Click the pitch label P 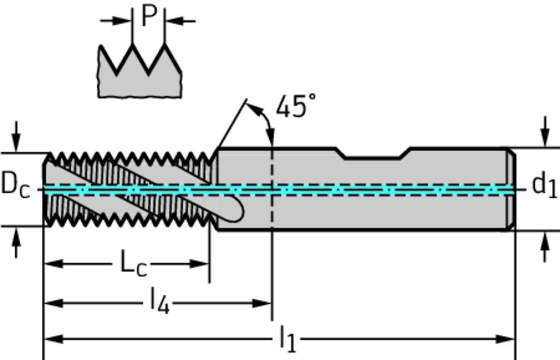[x=148, y=16]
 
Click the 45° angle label [x=295, y=106]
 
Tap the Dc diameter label [x=15, y=184]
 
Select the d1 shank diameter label [x=544, y=185]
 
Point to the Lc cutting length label [x=133, y=264]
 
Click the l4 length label [x=159, y=301]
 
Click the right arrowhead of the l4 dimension [x=265, y=303]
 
